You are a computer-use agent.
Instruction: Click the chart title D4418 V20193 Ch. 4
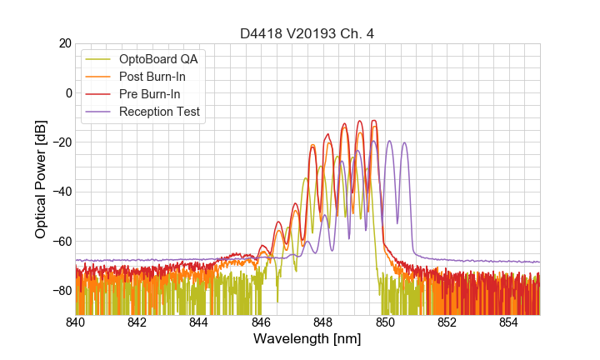click(x=307, y=33)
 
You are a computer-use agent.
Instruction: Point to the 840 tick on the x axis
click(x=76, y=322)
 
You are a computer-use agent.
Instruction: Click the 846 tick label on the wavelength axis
click(x=261, y=322)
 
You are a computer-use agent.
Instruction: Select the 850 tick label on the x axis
click(x=385, y=322)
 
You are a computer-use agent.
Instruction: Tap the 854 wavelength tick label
click(x=508, y=322)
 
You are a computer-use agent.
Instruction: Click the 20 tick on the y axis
click(x=63, y=43)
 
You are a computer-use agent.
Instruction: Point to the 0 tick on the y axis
click(x=67, y=92)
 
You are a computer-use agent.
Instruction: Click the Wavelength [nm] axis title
click(x=307, y=340)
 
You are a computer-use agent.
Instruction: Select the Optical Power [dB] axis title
click(x=41, y=179)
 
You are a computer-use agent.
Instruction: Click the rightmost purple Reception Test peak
click(x=405, y=142)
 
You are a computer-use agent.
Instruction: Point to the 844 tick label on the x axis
click(x=199, y=322)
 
